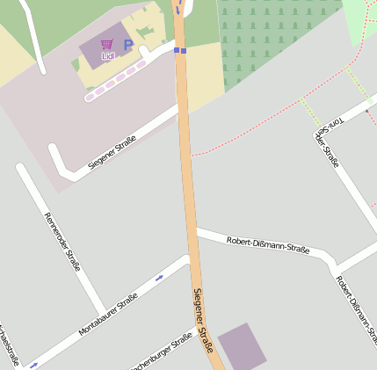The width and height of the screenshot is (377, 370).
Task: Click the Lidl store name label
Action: point(108,56)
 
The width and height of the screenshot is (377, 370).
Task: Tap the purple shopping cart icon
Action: point(107,44)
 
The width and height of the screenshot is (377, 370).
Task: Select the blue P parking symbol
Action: point(127,45)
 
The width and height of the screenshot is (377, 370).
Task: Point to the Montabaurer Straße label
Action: point(108,316)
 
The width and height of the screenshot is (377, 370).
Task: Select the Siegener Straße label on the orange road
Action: point(204,321)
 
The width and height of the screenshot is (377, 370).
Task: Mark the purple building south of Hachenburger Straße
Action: point(243,346)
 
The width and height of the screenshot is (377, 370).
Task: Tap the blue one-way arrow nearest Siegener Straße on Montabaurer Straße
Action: point(160,278)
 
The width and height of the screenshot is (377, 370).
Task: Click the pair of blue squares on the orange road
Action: point(180,51)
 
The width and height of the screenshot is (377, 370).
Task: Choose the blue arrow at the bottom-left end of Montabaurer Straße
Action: point(33,364)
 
